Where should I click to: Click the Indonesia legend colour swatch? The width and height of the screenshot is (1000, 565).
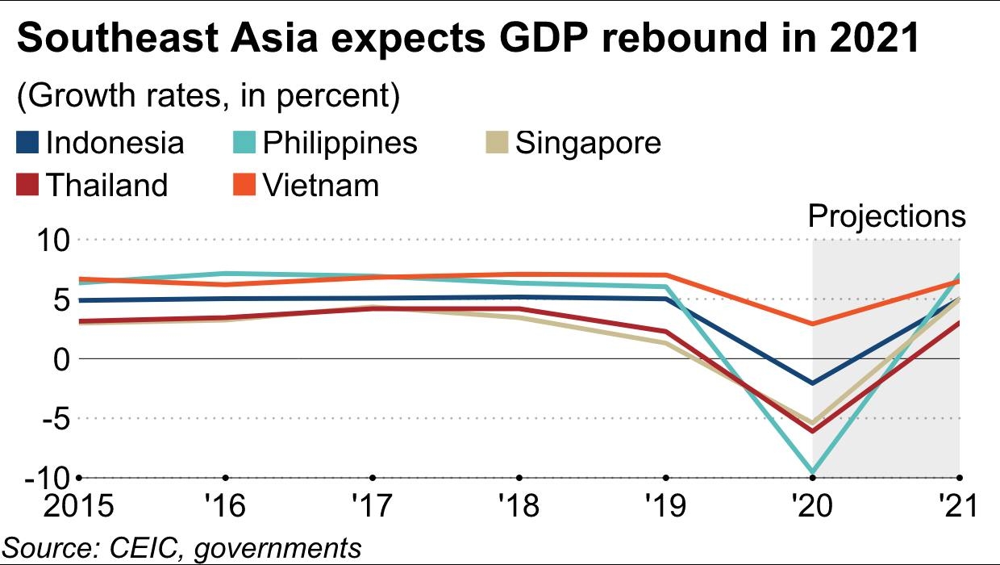pos(27,144)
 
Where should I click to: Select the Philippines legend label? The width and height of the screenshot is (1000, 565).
pos(340,143)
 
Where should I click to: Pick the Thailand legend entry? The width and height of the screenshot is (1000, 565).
pos(106,185)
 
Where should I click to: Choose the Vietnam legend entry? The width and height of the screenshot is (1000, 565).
pos(320,185)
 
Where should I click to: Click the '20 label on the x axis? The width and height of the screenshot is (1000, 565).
pos(811,506)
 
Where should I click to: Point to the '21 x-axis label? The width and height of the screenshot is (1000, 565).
pos(958,506)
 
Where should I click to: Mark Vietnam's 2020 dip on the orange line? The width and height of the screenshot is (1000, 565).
pos(812,324)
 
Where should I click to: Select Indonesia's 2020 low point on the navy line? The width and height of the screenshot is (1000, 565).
pos(812,383)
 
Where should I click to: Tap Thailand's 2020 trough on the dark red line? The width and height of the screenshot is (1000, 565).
pos(812,431)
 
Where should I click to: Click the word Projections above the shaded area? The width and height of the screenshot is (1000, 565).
pos(886,216)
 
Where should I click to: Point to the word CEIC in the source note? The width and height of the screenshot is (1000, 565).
pos(137,546)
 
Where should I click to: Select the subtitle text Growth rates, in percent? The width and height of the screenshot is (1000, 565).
pos(208,97)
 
